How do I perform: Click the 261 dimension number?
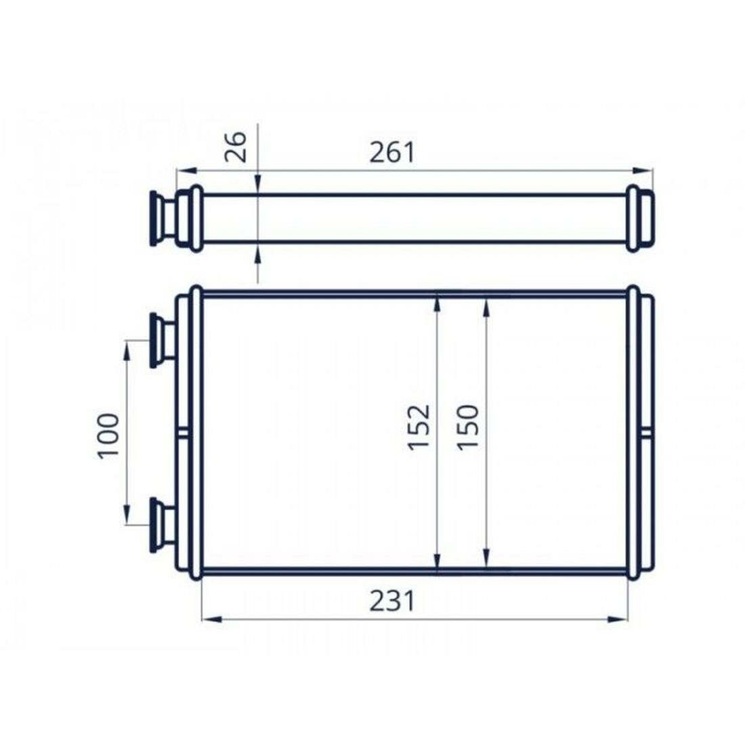(x=391, y=152)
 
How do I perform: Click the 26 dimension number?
(x=236, y=146)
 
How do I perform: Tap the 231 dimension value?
(x=391, y=601)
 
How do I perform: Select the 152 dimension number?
(x=420, y=427)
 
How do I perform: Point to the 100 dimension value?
(x=109, y=435)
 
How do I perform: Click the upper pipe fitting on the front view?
(x=161, y=340)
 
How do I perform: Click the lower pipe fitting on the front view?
(x=161, y=524)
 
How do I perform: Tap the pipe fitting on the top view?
(x=161, y=218)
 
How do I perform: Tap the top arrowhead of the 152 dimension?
(x=438, y=304)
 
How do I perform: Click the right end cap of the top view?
(x=641, y=218)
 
